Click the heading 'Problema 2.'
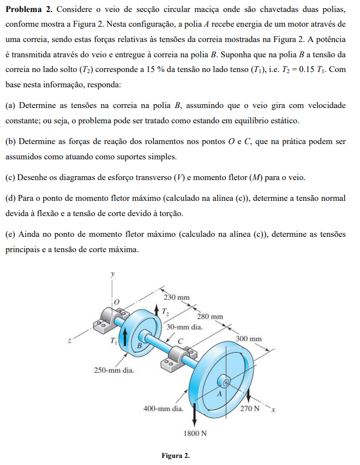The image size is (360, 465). coord(28,10)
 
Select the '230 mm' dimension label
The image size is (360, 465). coord(176,297)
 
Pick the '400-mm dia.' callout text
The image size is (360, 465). coord(163,408)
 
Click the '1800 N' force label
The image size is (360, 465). coord(195,433)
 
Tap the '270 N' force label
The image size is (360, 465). coord(250,408)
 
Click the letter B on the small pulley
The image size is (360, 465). coord(139,345)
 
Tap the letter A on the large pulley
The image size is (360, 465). coord(220,393)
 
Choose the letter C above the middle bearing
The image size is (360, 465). coord(179,341)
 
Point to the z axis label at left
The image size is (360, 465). coord(69,341)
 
